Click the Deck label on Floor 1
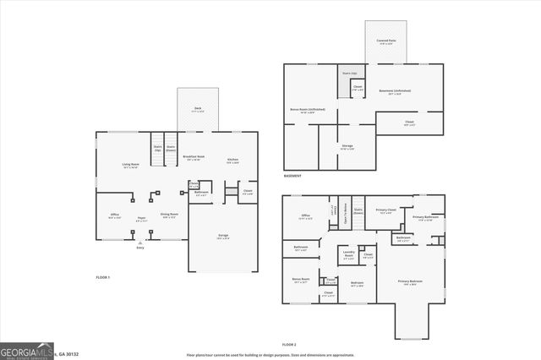coord(197,109)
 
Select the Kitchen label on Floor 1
coord(232,160)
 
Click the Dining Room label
coord(170,215)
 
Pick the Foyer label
coord(142,220)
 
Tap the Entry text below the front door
coord(139,248)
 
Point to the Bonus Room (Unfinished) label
coord(308,110)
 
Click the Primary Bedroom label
coord(413,284)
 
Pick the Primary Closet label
coord(386,211)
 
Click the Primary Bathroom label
coord(424,218)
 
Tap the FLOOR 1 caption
coord(103,277)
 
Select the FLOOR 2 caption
coord(289,345)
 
